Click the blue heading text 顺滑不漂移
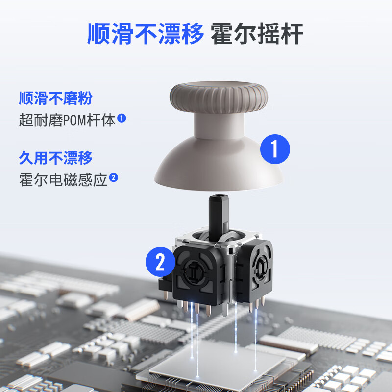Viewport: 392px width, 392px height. pos(145,33)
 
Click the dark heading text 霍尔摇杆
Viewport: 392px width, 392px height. pos(257,33)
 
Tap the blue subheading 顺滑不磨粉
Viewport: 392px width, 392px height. pos(55,98)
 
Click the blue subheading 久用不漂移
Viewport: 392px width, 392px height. pos(55,158)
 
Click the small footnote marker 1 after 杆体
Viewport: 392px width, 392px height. pos(122,118)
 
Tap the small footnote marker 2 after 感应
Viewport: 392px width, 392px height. pos(114,178)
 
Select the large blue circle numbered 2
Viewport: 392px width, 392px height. pos(160,263)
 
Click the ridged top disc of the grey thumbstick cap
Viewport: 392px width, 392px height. pos(219,96)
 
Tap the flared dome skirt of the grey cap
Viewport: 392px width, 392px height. pos(219,167)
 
